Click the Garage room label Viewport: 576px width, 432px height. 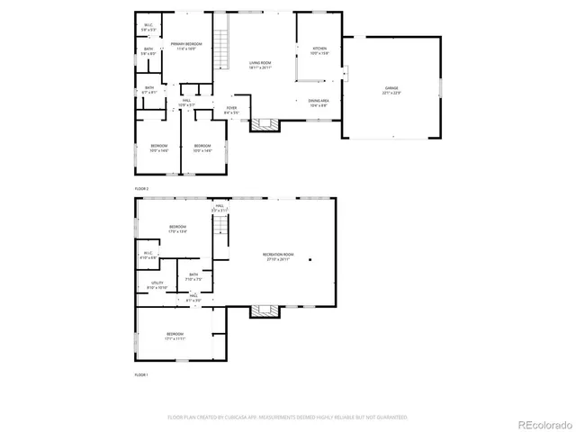click(x=392, y=90)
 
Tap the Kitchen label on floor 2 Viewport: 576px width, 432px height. click(x=319, y=50)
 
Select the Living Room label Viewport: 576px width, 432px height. click(x=261, y=65)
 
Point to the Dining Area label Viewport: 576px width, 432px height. click(x=319, y=102)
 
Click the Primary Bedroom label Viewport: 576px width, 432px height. click(x=186, y=46)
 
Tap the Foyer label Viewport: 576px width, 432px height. click(x=232, y=110)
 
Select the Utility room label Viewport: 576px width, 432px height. click(x=157, y=285)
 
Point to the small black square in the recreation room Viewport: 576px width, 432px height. click(x=310, y=260)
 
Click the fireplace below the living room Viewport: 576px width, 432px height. click(x=261, y=125)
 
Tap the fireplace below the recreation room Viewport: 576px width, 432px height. click(x=261, y=311)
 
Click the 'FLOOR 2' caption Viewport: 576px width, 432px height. click(x=141, y=188)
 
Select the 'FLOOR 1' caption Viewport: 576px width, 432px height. click(x=141, y=373)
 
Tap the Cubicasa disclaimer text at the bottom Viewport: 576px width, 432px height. click(x=287, y=418)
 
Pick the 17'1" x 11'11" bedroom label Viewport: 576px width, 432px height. click(x=175, y=339)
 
